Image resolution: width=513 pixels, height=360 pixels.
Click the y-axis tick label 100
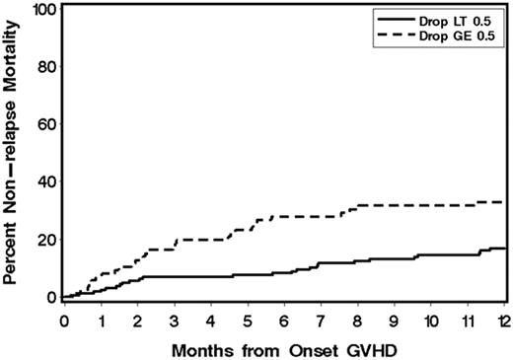click(43, 10)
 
